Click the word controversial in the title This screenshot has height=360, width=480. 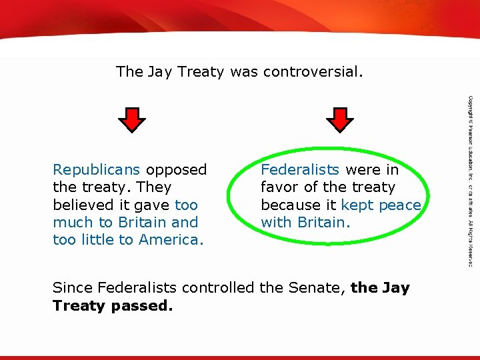[x=313, y=71]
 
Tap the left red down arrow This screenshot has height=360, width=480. [x=131, y=119]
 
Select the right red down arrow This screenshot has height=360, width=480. [x=339, y=119]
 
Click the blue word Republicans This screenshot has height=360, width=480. [x=97, y=170]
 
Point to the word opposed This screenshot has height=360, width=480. [x=176, y=170]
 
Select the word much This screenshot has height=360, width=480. [x=73, y=222]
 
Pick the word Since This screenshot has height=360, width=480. [x=72, y=288]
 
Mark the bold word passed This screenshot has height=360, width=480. [x=141, y=306]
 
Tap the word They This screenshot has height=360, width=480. [x=153, y=187]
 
